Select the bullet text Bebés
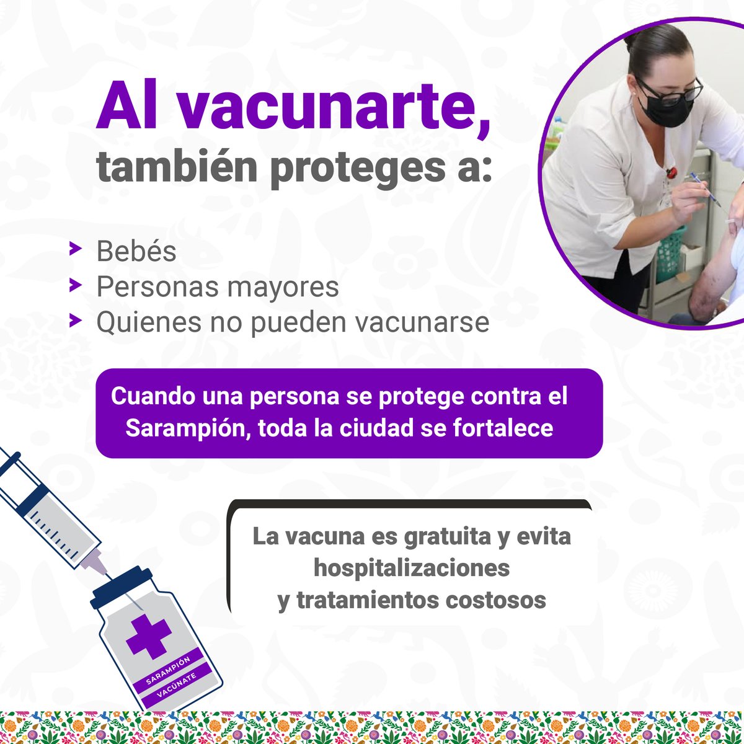click(136, 251)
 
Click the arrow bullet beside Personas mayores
click(76, 285)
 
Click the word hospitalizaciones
click(412, 568)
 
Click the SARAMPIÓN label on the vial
click(168, 666)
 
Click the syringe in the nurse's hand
click(706, 188)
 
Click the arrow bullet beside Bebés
click(76, 250)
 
